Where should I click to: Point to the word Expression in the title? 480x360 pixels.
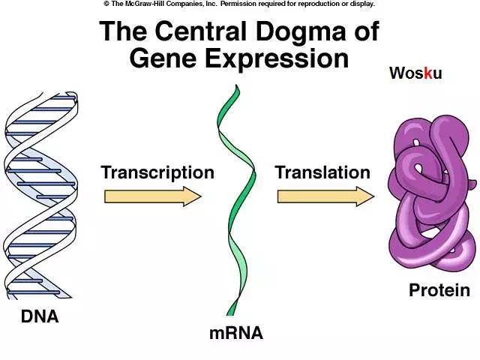click(276, 58)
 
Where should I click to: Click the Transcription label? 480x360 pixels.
click(157, 172)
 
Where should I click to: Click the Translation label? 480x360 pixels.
click(322, 172)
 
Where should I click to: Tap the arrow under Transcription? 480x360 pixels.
click(153, 196)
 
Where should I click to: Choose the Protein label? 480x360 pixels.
click(439, 290)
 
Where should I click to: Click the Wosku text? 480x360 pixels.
click(415, 73)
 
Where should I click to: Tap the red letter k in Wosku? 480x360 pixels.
click(428, 73)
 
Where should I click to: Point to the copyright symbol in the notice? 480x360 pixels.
click(106, 4)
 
